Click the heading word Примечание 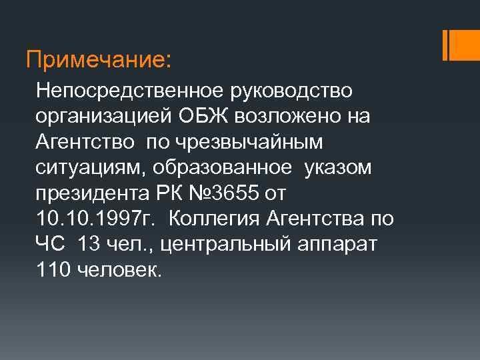tap(97, 61)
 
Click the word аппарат tap(337, 245)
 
